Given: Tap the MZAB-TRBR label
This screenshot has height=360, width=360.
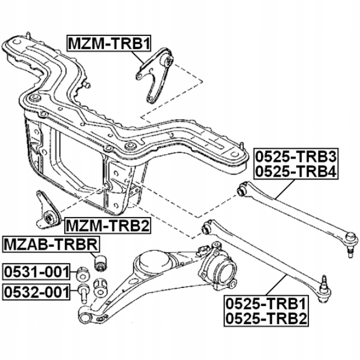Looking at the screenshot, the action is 51,245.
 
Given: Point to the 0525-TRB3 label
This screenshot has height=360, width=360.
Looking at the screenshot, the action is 295,155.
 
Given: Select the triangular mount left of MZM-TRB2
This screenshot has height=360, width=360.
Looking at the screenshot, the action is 48,211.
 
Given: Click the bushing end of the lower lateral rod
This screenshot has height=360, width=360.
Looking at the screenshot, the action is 207,228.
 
